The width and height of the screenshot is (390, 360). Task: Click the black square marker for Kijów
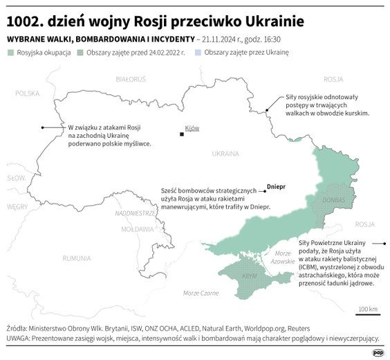click(182, 134)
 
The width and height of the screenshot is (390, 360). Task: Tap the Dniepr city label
click(276, 186)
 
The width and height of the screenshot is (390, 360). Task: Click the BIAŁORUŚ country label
click(131, 80)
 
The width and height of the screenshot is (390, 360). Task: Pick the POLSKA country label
click(28, 93)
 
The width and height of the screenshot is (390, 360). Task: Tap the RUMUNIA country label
click(76, 258)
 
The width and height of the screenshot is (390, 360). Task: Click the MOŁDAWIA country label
click(137, 228)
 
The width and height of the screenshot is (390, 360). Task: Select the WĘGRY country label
click(17, 206)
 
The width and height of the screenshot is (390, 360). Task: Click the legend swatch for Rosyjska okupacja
click(10, 52)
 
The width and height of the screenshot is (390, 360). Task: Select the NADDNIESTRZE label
click(136, 213)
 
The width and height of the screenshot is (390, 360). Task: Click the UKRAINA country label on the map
click(225, 153)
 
